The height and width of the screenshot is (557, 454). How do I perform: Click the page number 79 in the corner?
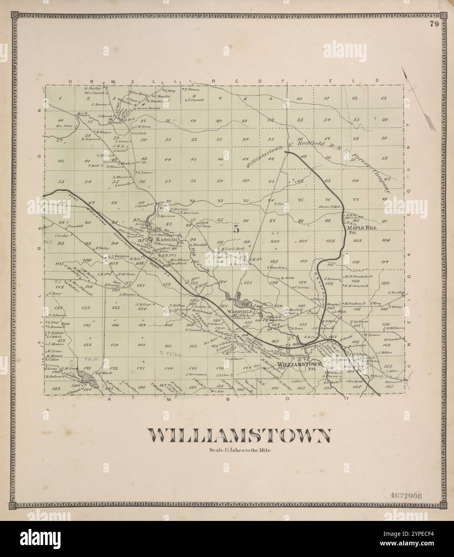[x=433, y=24]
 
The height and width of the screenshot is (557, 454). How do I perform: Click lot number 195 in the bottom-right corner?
[x=388, y=386]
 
